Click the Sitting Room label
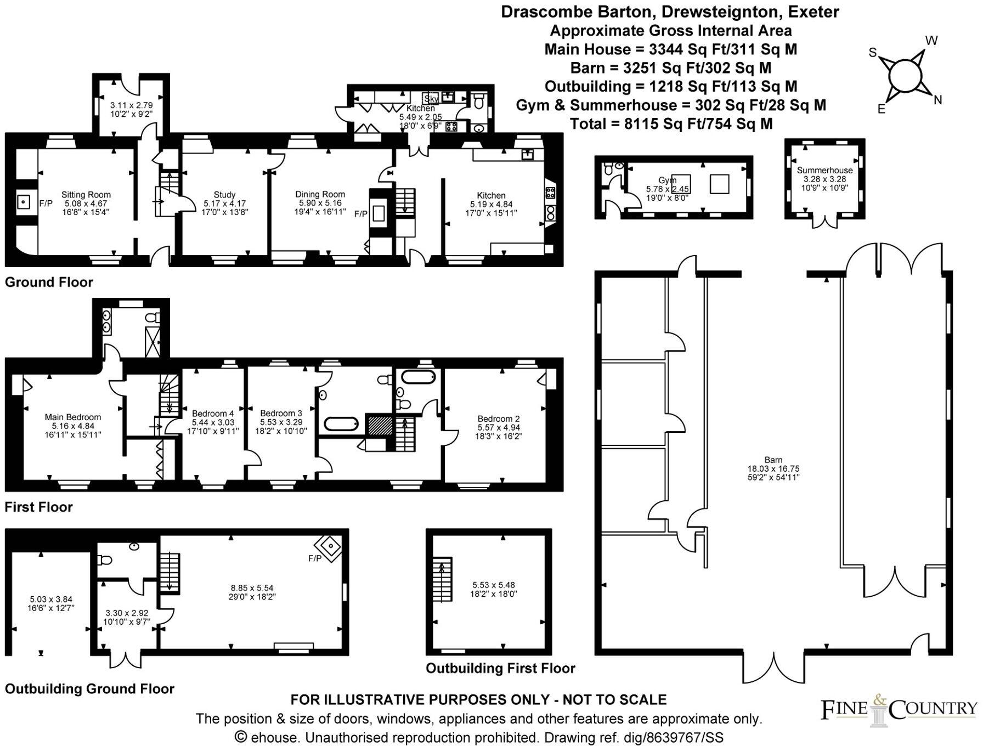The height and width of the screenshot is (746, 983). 86,194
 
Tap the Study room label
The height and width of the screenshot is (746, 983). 224,194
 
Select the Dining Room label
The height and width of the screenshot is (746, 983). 320,194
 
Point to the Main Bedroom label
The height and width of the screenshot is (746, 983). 72,417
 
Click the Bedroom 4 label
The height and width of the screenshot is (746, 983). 213,414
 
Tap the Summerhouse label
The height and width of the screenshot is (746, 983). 824,170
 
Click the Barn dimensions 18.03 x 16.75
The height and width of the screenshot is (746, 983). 773,469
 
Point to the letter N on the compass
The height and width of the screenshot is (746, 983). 937,100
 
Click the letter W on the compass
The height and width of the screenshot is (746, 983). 931,40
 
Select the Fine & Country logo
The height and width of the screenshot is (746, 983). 898,711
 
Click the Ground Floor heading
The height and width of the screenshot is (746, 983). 49,282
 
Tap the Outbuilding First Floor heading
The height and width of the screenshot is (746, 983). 500,668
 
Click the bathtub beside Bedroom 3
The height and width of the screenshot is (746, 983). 341,424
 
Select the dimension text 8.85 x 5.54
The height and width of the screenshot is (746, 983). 252,588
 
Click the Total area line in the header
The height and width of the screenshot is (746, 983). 671,123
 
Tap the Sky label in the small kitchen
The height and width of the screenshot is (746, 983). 431,99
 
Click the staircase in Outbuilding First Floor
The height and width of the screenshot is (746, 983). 442,580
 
